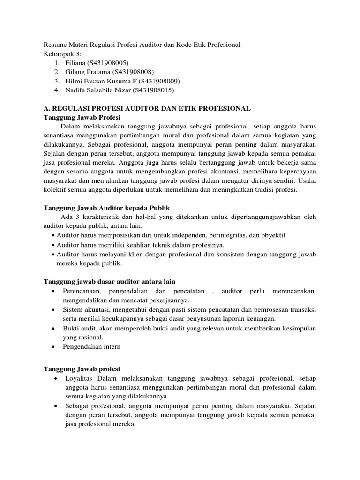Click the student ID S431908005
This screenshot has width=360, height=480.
[108, 62]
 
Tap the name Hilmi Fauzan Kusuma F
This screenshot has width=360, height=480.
[96, 81]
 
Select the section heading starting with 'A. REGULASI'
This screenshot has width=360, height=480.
[147, 108]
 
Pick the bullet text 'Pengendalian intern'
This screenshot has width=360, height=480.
[91, 346]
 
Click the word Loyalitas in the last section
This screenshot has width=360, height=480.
[78, 378]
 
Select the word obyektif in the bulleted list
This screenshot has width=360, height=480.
[274, 235]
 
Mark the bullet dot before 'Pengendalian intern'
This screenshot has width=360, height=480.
[56, 347]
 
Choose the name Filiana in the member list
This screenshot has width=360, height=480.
[74, 62]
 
